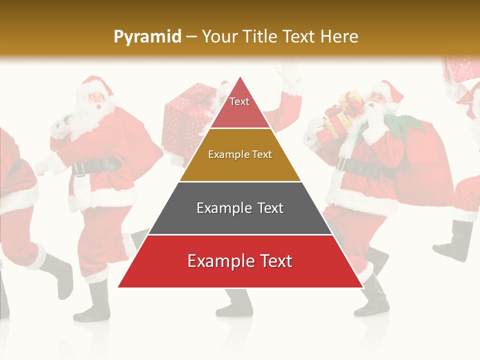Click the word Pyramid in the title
[x=147, y=36]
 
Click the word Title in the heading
[x=261, y=36]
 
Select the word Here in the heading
[x=339, y=36]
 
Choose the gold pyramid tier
[x=240, y=155]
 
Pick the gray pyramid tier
[x=240, y=208]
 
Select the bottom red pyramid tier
[x=240, y=261]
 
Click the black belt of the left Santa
[x=97, y=166]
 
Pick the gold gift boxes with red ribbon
[x=342, y=115]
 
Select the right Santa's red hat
[x=390, y=90]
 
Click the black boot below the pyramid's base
[x=235, y=303]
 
